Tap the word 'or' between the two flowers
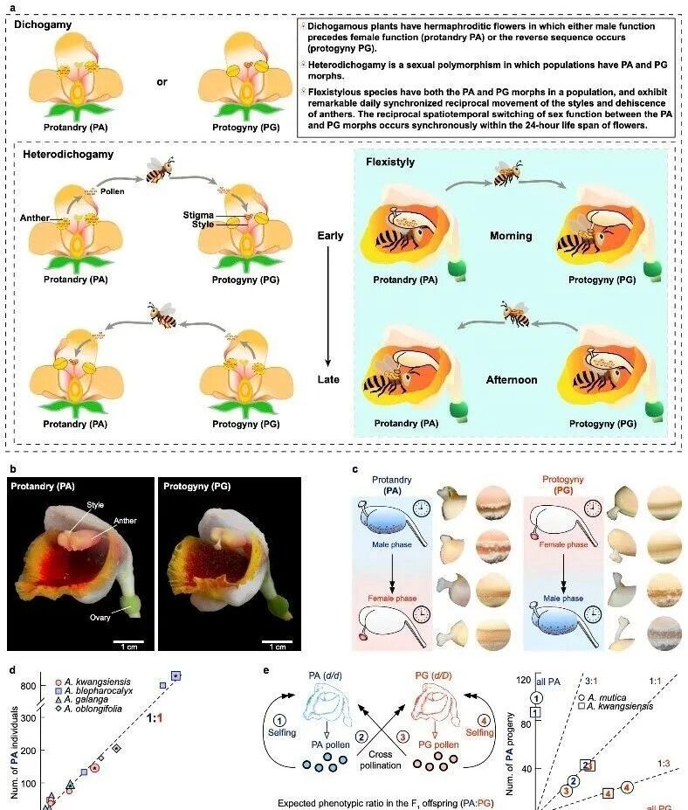(162, 82)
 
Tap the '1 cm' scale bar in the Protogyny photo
(278, 647)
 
